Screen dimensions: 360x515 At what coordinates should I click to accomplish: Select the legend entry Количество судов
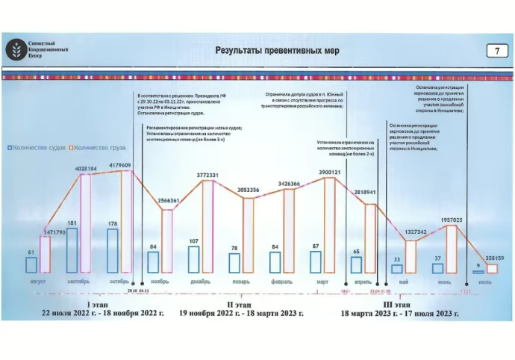point(39,148)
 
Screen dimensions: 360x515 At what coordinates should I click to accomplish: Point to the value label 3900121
point(326,172)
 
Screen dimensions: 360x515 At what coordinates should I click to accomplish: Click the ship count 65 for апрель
point(356,252)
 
